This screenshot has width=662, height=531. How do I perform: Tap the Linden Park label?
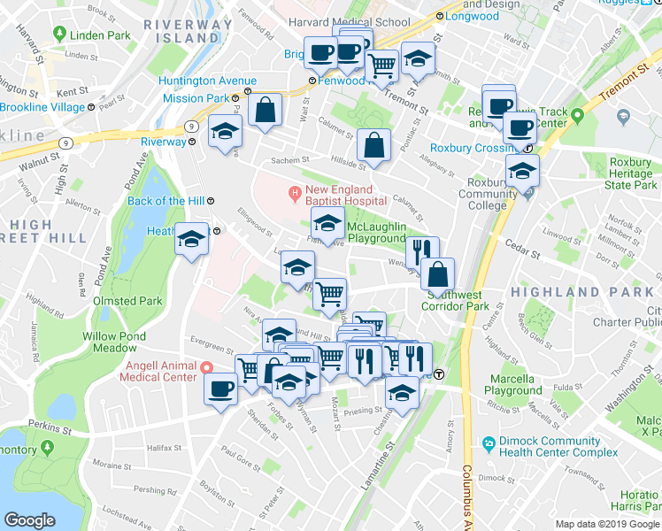click(100, 35)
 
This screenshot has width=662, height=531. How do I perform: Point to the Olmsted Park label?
click(127, 301)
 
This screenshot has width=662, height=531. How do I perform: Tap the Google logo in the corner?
click(29, 520)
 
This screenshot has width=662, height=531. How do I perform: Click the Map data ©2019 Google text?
click(606, 524)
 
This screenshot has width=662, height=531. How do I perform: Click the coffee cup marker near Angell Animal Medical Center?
click(220, 387)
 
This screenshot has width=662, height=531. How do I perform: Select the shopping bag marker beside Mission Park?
click(265, 111)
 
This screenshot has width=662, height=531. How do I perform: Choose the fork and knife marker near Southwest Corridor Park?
click(422, 251)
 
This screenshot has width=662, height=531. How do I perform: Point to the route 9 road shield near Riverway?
click(190, 127)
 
